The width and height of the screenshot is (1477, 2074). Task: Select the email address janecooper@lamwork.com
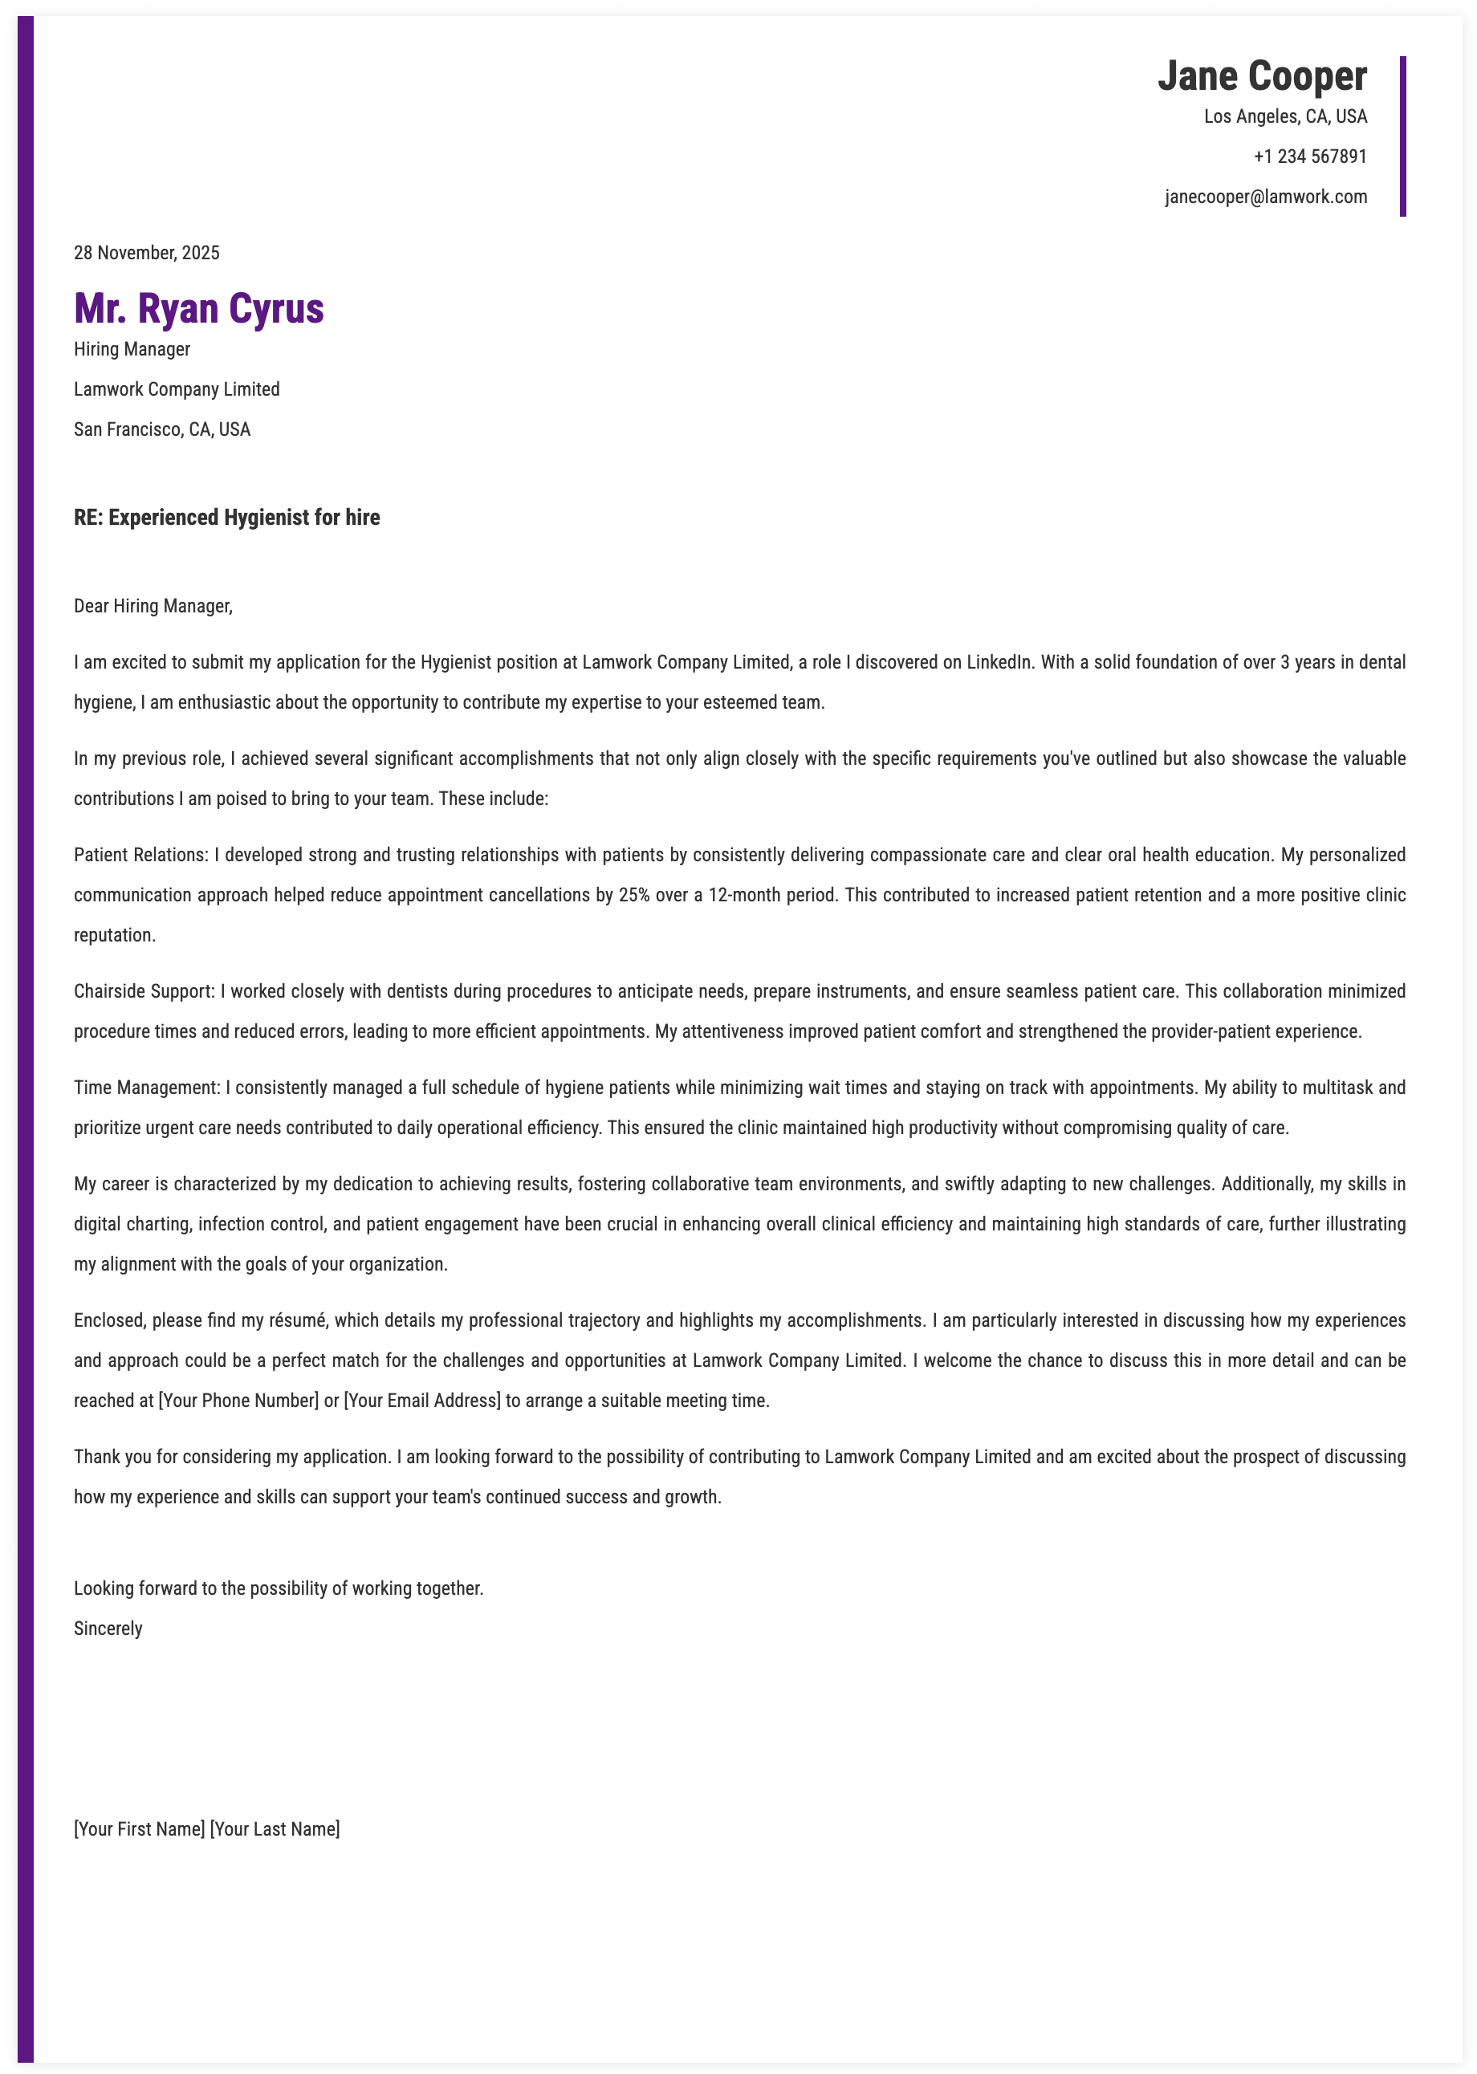point(1266,197)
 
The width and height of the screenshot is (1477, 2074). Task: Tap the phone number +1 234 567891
point(1310,157)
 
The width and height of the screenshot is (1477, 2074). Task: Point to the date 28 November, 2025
point(146,253)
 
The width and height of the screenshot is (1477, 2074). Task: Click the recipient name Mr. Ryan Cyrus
point(198,308)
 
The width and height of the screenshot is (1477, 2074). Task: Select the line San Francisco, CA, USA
point(162,429)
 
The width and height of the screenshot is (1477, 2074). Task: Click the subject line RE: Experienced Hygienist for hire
point(226,518)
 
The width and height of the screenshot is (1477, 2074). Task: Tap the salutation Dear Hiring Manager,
point(153,605)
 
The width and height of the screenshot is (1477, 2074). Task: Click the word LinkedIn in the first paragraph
point(999,662)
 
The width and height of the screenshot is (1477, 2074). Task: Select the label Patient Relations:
point(141,855)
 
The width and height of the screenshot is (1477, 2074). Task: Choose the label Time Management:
point(148,1088)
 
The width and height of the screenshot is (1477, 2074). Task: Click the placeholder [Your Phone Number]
point(238,1401)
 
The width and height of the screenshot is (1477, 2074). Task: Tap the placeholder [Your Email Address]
point(422,1401)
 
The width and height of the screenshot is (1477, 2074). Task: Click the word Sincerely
point(108,1628)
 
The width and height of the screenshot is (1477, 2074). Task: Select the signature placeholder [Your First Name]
point(139,1828)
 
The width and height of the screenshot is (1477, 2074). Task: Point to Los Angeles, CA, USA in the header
point(1285,116)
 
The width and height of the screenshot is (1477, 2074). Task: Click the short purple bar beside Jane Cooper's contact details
point(1402,136)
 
